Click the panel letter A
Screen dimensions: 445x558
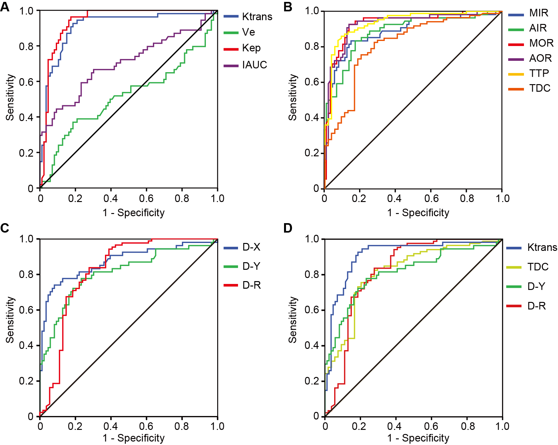point(5,7)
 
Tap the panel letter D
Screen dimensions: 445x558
point(288,228)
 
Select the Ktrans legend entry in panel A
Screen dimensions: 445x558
point(257,17)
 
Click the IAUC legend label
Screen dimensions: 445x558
point(254,65)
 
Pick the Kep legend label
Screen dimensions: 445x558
point(251,48)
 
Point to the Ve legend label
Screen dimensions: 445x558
point(248,32)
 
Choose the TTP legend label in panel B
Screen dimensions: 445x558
point(539,73)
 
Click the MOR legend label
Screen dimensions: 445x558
point(541,43)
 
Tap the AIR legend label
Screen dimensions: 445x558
point(538,28)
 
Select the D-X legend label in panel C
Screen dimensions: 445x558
point(251,247)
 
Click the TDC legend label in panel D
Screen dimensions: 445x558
point(538,267)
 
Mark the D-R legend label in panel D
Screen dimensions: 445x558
point(537,306)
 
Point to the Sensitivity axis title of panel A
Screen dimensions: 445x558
point(10,97)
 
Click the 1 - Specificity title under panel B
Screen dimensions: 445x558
point(418,213)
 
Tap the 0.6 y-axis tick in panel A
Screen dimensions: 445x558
point(26,82)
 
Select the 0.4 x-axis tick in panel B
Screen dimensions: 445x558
point(394,198)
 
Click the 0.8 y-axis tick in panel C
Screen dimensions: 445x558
point(26,275)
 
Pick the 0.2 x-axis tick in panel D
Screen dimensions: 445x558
point(359,426)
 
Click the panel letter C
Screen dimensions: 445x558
point(5,228)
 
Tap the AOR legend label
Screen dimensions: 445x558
point(540,58)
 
